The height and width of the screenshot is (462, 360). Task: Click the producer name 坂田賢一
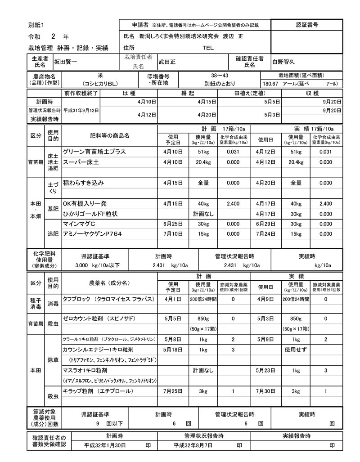click(x=66, y=63)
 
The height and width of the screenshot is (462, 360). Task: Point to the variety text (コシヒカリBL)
click(x=99, y=84)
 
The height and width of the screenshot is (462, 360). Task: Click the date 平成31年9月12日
click(x=82, y=110)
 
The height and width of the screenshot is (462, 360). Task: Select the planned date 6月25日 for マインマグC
click(x=173, y=224)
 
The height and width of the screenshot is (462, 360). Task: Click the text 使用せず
click(x=295, y=349)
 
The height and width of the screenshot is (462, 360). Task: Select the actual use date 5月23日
click(x=265, y=370)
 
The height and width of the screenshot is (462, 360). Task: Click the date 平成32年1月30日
click(x=105, y=445)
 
